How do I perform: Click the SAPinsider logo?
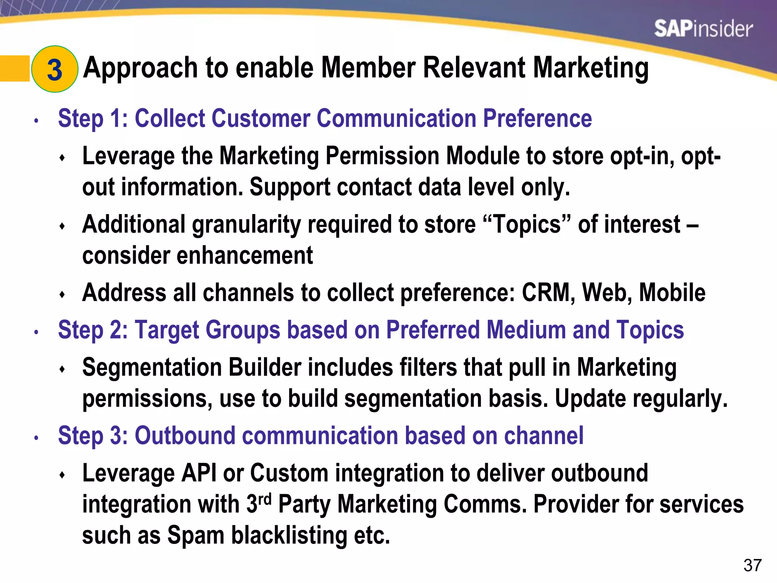point(703,29)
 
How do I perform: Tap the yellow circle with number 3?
point(55,69)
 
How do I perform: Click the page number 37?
point(752,565)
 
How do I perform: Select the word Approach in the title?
point(141,68)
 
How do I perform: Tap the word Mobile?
point(672,293)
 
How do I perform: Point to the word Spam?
point(196,535)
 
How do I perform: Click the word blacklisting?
point(289,535)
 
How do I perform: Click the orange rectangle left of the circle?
point(14,68)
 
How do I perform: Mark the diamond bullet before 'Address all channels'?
point(63,295)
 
